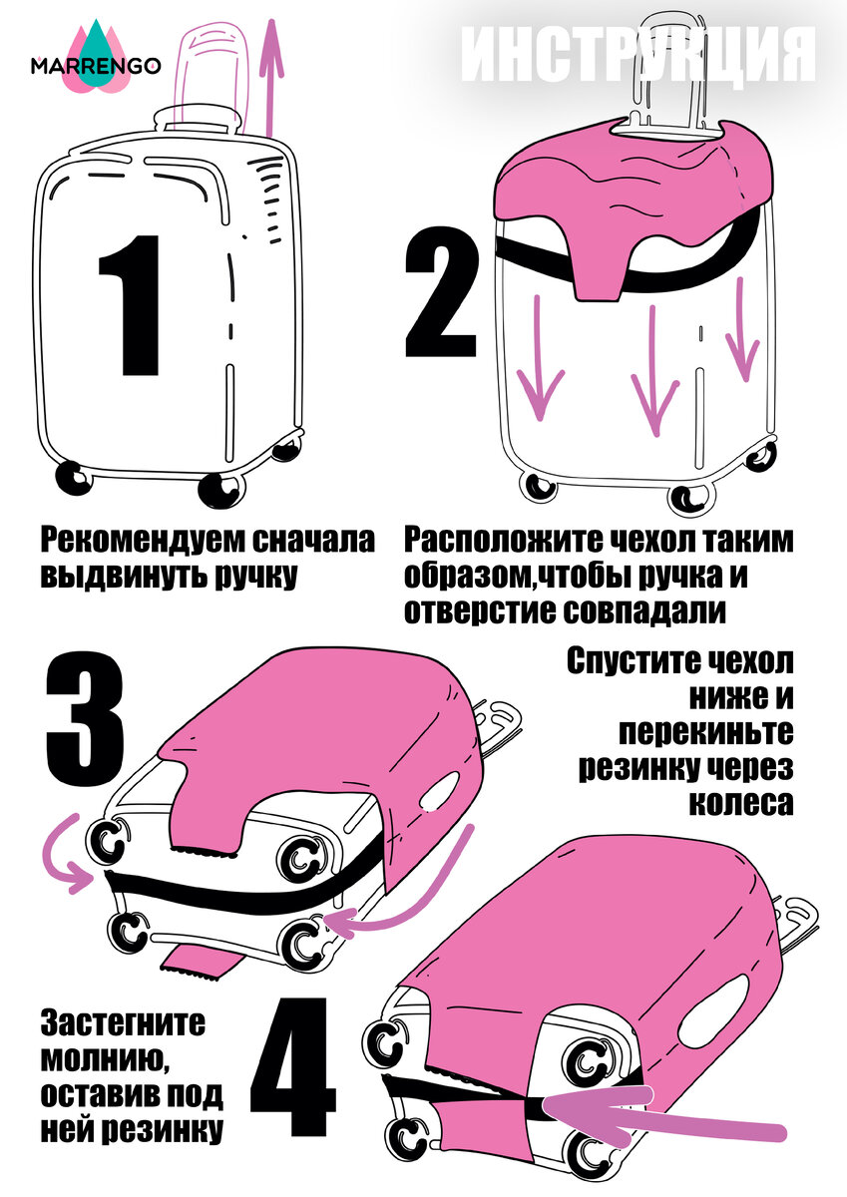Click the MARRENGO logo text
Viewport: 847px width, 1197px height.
pyautogui.click(x=96, y=66)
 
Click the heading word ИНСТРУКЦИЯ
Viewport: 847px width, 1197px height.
pyautogui.click(x=638, y=56)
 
